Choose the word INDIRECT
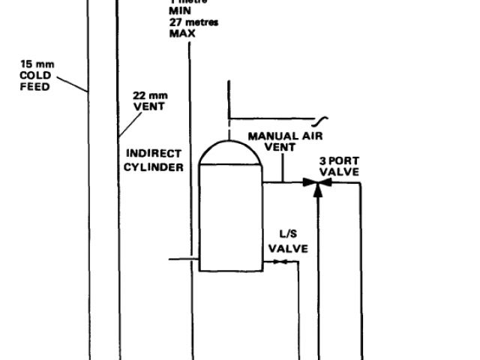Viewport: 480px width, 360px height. pos(153,153)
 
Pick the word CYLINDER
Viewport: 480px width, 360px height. pos(154,167)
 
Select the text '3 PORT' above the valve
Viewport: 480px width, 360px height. pos(339,160)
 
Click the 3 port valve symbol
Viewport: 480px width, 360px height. pos(318,182)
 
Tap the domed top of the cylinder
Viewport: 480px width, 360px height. pos(229,152)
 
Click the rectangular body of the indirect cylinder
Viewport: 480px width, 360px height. pos(229,217)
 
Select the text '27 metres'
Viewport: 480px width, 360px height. pos(193,22)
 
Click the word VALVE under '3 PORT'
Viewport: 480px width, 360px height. pos(339,172)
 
